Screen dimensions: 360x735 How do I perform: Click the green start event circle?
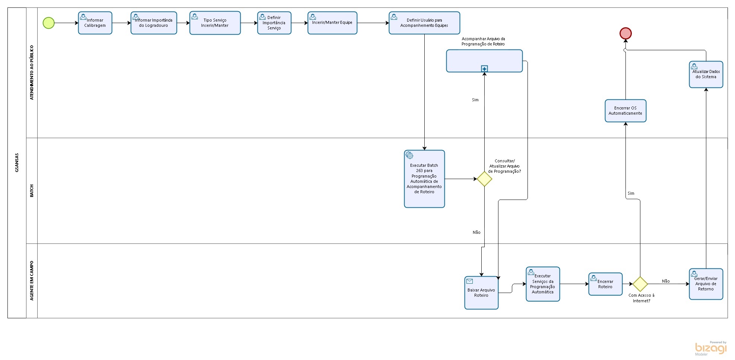pos(48,23)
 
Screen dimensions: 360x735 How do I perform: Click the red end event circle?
pos(625,34)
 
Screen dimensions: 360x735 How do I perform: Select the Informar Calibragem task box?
pos(95,23)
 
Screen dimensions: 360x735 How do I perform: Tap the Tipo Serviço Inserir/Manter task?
pos(215,23)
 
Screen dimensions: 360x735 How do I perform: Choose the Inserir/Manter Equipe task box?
pos(332,23)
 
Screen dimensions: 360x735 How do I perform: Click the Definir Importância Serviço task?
pos(274,23)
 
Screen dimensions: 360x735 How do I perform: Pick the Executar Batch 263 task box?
pos(424,179)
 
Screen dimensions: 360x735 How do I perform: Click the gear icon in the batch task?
pos(409,155)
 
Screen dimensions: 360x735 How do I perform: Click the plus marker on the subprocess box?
pos(484,69)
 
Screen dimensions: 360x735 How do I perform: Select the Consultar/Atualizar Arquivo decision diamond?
pos(484,179)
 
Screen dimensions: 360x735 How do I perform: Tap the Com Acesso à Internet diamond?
pos(640,284)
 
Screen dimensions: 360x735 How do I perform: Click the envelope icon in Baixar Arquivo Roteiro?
pos(469,281)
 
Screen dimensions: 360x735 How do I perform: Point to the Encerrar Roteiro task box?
pos(605,284)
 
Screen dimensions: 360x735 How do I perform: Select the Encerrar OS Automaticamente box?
pos(625,111)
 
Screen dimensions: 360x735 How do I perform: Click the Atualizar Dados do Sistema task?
pos(706,74)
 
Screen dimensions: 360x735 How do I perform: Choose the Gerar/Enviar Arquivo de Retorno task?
pos(706,284)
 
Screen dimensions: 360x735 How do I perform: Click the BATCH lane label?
pos(32,191)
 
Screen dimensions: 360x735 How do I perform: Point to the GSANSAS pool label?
pos(17,163)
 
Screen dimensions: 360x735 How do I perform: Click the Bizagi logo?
pos(711,348)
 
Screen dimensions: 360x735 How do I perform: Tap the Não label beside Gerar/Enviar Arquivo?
pos(666,281)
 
